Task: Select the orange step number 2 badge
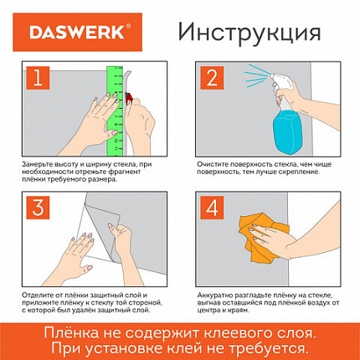click(212, 80)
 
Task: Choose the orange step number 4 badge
click(212, 206)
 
